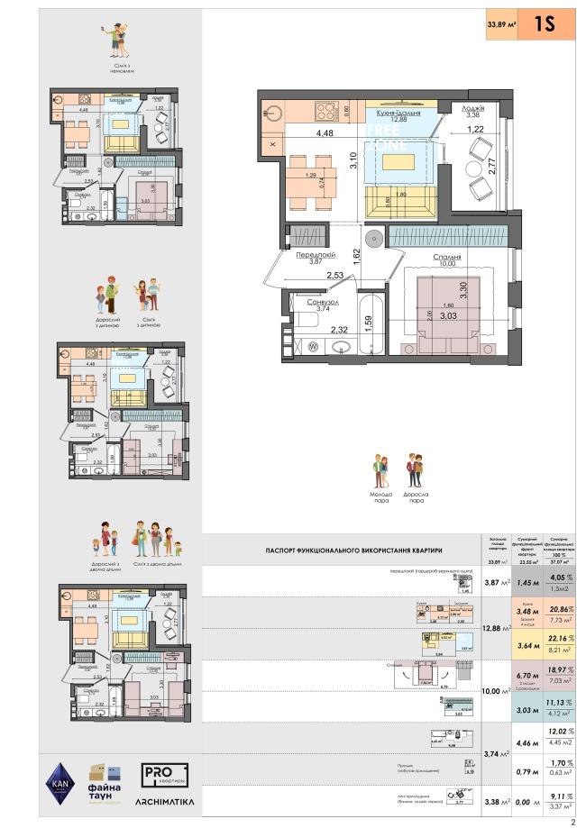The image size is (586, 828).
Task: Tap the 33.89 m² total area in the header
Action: tap(501, 25)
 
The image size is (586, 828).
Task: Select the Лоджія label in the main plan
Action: tap(476, 107)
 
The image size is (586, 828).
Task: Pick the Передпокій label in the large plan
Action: tap(316, 256)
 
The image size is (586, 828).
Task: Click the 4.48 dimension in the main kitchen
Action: tap(325, 134)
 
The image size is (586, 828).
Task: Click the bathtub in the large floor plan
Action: tap(371, 325)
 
